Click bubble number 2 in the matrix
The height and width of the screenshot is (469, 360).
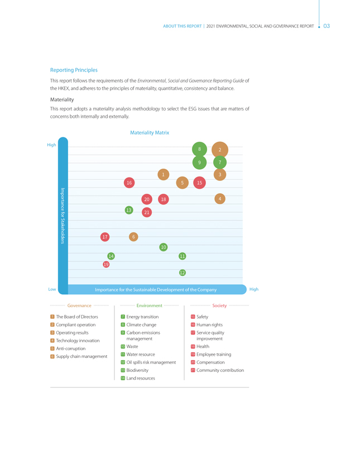[220, 150]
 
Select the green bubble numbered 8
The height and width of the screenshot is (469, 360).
[199, 149]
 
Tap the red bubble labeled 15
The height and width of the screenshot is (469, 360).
[199, 183]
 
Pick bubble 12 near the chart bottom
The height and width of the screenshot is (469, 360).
[182, 272]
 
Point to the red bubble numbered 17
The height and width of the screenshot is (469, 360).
[105, 237]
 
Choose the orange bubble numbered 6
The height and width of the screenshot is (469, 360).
[133, 237]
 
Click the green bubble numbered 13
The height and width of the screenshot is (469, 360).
[129, 210]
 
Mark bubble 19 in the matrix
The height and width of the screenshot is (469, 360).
[106, 264]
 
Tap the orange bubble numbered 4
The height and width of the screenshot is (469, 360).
[220, 199]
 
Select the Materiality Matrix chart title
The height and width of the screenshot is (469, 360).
[150, 133]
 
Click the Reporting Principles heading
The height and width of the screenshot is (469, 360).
[74, 70]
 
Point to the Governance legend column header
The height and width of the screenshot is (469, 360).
[79, 305]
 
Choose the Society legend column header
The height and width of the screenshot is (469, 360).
[219, 305]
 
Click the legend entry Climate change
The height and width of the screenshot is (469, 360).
[141, 325]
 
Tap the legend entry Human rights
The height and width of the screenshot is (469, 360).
[209, 325]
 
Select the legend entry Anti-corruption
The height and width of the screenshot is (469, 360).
[70, 348]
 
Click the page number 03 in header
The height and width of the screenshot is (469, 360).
[327, 26]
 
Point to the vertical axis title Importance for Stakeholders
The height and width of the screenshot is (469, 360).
[63, 216]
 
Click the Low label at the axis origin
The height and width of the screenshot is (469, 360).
[52, 289]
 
